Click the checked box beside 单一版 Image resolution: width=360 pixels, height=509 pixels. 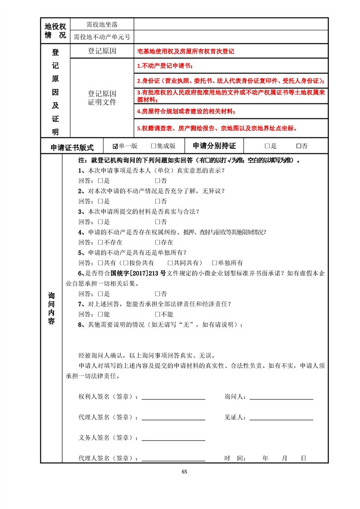click(115, 146)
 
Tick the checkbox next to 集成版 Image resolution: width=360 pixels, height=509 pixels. click(153, 146)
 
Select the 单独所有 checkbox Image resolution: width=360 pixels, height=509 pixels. click(215, 263)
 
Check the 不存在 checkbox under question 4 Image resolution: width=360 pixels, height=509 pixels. click(100, 242)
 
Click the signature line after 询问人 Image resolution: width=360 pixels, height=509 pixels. click(281, 398)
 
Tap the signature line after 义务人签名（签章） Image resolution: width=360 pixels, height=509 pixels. click(173, 439)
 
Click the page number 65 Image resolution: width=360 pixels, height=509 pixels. click(184, 471)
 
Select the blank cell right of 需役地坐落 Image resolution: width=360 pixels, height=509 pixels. click(231, 24)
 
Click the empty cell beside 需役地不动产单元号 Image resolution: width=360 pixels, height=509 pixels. click(231, 37)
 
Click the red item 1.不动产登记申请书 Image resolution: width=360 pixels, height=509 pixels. click(165, 66)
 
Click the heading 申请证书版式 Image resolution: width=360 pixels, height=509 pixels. click(72, 147)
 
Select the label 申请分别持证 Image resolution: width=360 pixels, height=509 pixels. click(214, 146)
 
